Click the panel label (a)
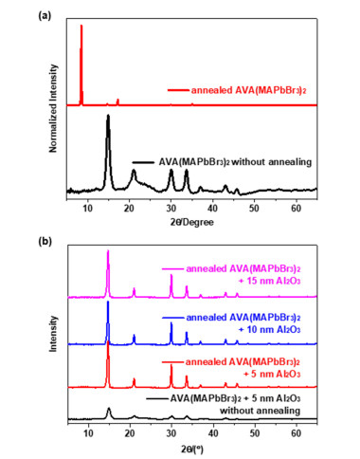(x=45, y=16)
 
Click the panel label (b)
(x=45, y=241)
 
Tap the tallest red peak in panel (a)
(x=81, y=26)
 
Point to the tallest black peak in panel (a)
(x=108, y=116)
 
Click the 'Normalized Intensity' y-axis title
(x=53, y=108)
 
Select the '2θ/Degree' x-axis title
(x=192, y=222)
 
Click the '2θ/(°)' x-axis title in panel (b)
(x=192, y=449)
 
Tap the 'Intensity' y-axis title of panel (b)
(x=53, y=334)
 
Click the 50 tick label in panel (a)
(x=254, y=209)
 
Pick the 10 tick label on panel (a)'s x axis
(x=88, y=209)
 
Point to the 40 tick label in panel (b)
(x=213, y=432)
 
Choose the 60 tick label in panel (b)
(x=297, y=432)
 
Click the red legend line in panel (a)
(x=178, y=90)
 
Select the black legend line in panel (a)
(x=143, y=162)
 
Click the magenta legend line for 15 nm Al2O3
(x=172, y=269)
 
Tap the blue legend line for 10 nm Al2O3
(x=172, y=318)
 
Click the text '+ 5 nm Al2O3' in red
(x=272, y=374)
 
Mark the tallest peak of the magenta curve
(x=108, y=251)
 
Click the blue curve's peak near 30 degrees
(x=171, y=323)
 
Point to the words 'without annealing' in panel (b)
(x=260, y=411)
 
